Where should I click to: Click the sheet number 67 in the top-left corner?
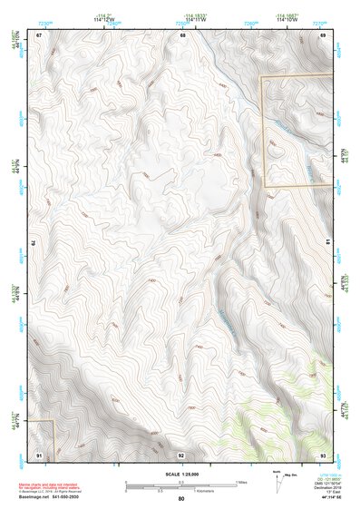(x=40, y=34)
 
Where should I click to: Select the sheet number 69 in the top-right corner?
(x=322, y=34)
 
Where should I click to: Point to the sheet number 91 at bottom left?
(x=40, y=453)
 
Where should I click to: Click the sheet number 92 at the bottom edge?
(x=181, y=454)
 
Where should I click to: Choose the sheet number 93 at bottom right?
(x=322, y=453)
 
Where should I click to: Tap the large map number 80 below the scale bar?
(x=181, y=499)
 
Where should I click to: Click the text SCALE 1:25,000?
(x=181, y=474)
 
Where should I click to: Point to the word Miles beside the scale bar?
(x=242, y=481)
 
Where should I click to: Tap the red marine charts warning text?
(x=53, y=487)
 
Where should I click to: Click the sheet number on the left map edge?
(x=34, y=243)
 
